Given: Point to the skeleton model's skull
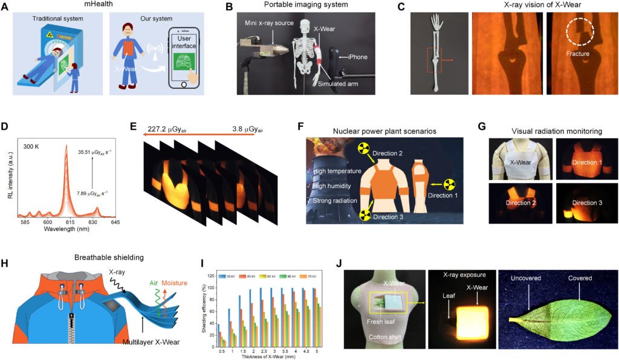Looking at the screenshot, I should point(302,28).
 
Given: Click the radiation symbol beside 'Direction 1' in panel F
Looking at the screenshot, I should point(449,185).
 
